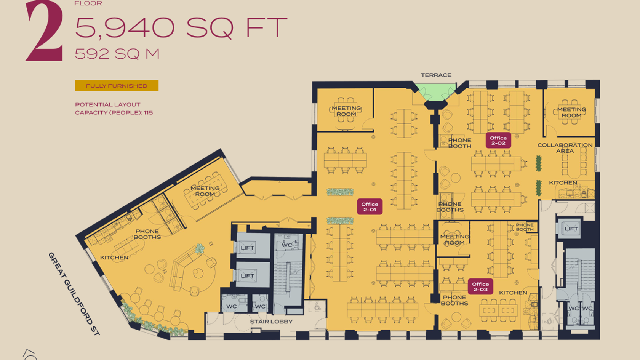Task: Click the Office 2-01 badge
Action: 370,206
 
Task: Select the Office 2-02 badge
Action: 498,140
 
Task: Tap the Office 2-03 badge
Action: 480,286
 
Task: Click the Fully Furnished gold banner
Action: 117,86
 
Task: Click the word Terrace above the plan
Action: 436,75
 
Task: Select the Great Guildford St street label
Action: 74,294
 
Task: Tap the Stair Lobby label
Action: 271,322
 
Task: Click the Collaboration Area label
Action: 565,148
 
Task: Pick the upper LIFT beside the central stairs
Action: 248,248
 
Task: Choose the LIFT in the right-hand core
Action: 571,229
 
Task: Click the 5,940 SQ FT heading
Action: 181,27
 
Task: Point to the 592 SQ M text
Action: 117,54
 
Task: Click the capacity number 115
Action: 148,113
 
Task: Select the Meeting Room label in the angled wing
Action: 205,191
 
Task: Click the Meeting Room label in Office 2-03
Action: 454,240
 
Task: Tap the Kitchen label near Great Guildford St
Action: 114,258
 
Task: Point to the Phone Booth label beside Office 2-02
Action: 460,143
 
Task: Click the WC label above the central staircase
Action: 287,245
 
